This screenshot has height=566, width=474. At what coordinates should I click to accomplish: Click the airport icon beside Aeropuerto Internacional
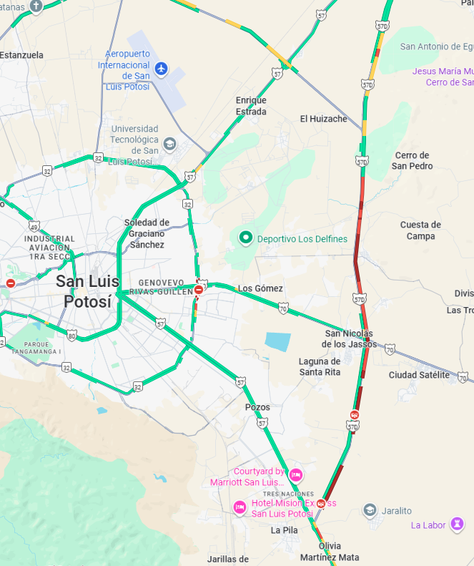tap(161, 68)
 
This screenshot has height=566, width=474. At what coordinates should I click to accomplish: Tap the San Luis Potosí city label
tap(87, 291)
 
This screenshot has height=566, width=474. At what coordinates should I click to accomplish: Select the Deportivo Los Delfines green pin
tap(245, 238)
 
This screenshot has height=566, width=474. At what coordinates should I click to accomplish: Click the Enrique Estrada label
tap(251, 106)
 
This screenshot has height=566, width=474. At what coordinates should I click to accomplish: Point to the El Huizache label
tap(323, 119)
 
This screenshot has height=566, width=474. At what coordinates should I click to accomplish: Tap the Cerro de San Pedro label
tap(413, 160)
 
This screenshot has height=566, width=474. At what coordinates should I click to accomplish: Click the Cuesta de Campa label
tap(420, 230)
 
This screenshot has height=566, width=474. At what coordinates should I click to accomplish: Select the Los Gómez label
tap(260, 288)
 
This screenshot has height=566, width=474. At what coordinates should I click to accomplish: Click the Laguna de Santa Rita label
tap(320, 366)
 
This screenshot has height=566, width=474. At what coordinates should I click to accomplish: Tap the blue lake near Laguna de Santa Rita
tap(277, 341)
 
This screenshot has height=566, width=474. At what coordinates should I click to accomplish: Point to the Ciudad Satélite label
tap(419, 375)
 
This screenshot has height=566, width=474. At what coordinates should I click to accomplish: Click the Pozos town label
tap(257, 407)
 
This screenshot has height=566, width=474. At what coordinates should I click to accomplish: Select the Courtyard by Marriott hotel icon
tap(296, 474)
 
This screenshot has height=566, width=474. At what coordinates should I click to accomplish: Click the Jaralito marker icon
tap(370, 510)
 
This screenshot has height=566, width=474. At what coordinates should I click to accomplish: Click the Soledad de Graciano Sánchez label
tap(147, 233)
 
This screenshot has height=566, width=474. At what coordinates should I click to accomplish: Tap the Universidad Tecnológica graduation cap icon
tap(169, 144)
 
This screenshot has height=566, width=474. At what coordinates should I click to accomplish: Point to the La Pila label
tap(284, 530)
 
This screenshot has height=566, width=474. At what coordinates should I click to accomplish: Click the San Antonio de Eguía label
tap(436, 47)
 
